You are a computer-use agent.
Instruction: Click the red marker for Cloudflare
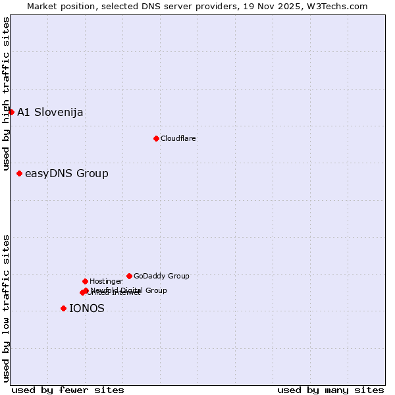coord(156,138)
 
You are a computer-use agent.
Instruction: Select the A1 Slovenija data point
coord(11,112)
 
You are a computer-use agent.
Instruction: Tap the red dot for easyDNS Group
coord(20,174)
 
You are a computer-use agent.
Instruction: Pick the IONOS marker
coord(63,308)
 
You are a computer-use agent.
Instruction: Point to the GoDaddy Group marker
coord(129,276)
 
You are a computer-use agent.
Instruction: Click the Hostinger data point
coord(85,281)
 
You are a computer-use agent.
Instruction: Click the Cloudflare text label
coord(178,138)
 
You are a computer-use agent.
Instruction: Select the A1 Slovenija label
coord(50,112)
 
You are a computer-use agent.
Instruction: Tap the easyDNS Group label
coord(66,174)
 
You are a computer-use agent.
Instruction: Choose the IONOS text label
coord(87,308)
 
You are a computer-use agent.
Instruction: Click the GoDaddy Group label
coord(161,276)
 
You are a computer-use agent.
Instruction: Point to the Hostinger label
coord(107,281)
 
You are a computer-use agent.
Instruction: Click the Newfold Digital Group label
coord(129,290)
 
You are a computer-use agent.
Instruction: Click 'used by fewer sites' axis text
coord(68,390)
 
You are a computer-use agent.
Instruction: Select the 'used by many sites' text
coord(330,390)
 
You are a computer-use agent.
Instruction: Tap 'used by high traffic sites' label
coord(6,94)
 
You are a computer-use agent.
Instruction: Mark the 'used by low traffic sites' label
coord(6,308)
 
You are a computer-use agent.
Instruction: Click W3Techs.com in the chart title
coord(337,6)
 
